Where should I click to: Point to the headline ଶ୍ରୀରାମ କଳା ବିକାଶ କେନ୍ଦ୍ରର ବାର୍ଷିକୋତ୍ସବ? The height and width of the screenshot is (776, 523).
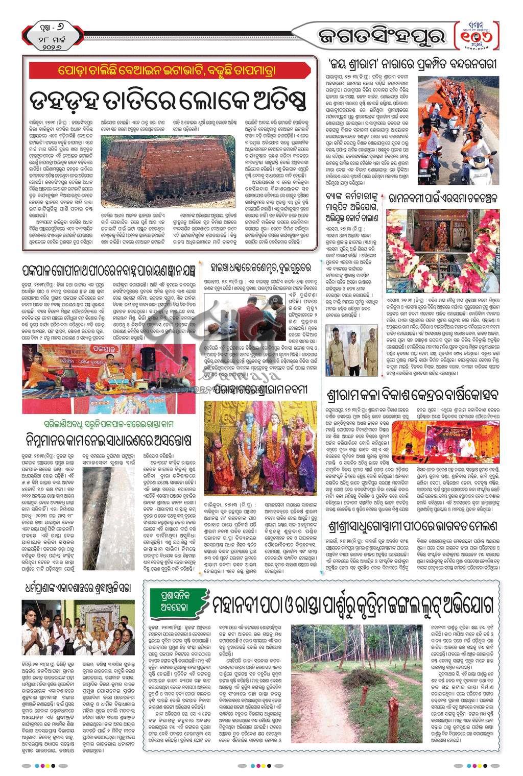coord(412,395)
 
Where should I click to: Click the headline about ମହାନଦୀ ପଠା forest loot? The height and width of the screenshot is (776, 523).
coord(352,607)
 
